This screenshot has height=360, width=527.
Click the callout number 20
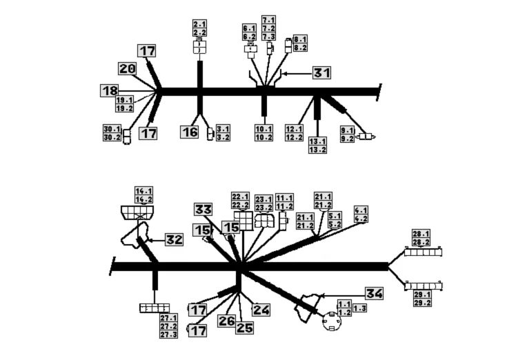[x=127, y=68]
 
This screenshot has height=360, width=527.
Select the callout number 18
[x=110, y=90]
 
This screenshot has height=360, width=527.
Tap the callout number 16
[x=190, y=131]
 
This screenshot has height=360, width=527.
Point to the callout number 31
[x=322, y=72]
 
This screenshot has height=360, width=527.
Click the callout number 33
[x=203, y=210]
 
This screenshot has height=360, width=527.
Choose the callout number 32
[x=174, y=240]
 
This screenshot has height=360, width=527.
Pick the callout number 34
[x=373, y=294]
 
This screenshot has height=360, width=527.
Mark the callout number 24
[x=261, y=310]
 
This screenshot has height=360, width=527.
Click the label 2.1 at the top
[x=199, y=25]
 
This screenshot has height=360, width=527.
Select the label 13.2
[x=318, y=150]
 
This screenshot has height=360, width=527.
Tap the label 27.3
[x=168, y=334]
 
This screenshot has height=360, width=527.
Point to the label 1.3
[x=359, y=308]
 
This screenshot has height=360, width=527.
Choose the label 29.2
[x=421, y=303]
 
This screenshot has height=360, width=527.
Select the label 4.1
[x=361, y=210]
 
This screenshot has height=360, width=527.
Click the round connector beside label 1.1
[x=329, y=321]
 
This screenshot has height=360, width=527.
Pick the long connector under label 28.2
[x=422, y=252]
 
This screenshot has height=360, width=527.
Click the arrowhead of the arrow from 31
[x=282, y=72]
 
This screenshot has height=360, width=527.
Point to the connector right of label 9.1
[x=367, y=137]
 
